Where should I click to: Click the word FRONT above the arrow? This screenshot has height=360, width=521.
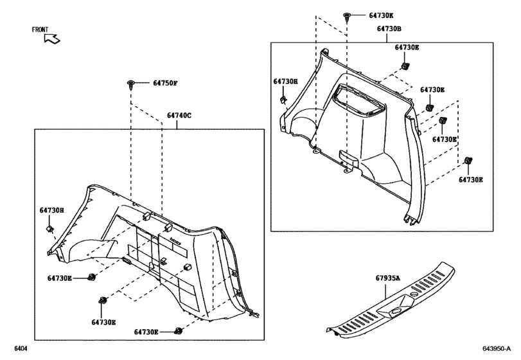(x=41, y=30)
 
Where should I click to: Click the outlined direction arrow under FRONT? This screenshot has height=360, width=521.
(x=52, y=39)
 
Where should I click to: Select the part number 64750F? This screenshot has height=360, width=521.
(x=165, y=83)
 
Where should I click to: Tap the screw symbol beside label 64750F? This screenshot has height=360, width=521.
(x=131, y=84)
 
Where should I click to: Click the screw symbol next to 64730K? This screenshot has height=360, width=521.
(x=347, y=15)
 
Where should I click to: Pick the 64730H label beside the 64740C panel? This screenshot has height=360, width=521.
(x=51, y=210)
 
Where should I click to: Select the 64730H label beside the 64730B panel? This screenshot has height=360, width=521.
(x=286, y=82)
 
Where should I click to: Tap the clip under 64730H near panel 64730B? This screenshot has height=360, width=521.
(x=283, y=99)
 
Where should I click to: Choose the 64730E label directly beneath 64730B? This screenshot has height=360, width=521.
(x=407, y=48)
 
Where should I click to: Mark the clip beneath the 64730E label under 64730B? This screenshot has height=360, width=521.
(x=405, y=66)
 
